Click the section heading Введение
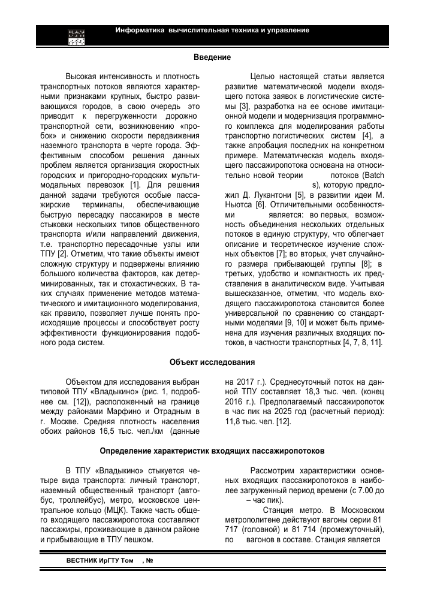212,58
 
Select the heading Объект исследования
212,362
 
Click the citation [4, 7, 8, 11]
361,342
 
